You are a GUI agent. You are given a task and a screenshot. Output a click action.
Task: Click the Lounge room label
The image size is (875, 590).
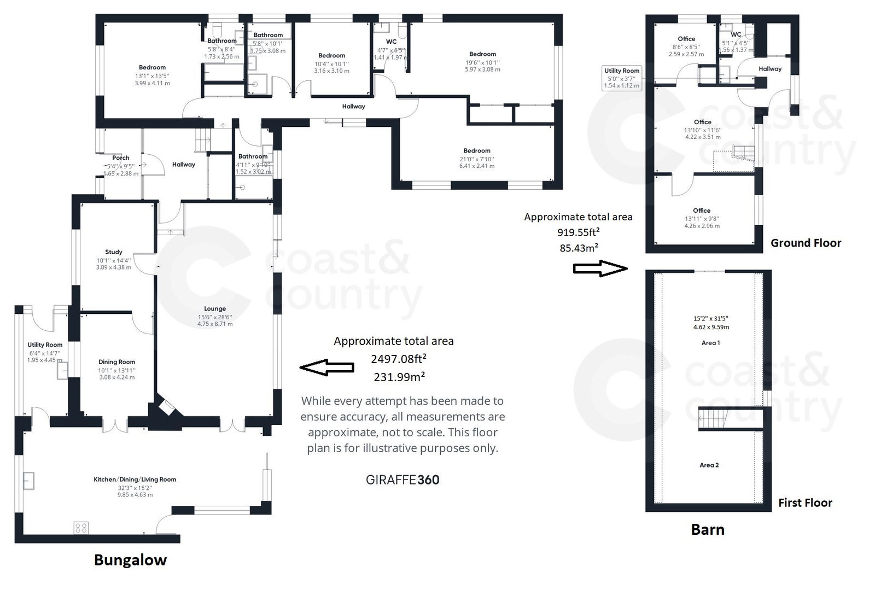click(x=215, y=309)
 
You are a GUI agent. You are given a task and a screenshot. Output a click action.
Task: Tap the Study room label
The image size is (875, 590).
click(x=114, y=252)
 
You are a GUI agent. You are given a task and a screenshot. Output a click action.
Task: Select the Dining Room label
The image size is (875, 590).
click(x=116, y=362)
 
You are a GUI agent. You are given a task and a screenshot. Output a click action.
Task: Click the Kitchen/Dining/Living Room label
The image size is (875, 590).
click(x=135, y=480)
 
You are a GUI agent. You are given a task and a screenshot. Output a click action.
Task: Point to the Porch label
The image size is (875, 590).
click(x=120, y=158)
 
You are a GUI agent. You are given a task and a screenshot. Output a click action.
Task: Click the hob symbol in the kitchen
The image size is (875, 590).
click(x=81, y=528)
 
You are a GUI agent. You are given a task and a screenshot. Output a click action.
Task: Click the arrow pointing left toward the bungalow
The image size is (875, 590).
click(x=326, y=367)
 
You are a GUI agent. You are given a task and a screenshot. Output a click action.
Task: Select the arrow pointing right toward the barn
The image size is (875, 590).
click(x=600, y=268)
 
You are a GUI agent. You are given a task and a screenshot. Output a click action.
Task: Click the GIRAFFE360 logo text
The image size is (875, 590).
click(x=402, y=480)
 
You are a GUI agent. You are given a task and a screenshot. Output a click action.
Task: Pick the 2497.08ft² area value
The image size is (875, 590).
click(x=399, y=359)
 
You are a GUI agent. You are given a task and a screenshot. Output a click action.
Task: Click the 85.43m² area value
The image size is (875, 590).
click(x=579, y=248)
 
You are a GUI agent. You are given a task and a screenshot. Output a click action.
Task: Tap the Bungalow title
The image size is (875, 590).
click(x=130, y=560)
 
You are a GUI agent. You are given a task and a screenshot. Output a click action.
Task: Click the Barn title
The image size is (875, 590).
click(x=708, y=529)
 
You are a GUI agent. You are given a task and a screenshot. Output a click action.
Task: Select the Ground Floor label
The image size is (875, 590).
click(x=806, y=243)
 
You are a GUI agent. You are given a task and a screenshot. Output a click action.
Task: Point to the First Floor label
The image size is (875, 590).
click(x=805, y=503)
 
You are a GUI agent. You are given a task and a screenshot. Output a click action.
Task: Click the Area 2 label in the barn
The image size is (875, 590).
click(x=709, y=465)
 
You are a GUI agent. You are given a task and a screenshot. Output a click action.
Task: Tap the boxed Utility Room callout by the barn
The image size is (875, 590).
click(x=622, y=78)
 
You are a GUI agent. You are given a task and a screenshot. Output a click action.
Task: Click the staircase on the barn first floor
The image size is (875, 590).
click(x=713, y=420)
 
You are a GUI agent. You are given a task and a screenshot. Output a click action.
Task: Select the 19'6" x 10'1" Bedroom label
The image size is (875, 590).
click(x=482, y=54)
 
